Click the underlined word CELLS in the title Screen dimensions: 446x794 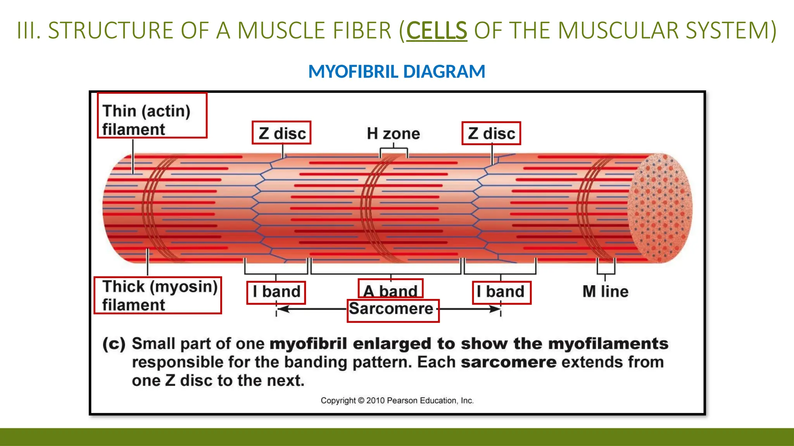(437, 30)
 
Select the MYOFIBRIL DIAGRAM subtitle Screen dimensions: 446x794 (397, 72)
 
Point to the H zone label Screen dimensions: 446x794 (393, 134)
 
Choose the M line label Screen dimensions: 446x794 (605, 292)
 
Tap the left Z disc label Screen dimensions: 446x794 (281, 133)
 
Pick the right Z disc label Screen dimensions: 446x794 (491, 134)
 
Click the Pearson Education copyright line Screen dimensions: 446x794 (397, 401)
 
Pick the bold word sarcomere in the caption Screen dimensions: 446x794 (508, 362)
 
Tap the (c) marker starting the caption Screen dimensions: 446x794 (114, 344)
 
